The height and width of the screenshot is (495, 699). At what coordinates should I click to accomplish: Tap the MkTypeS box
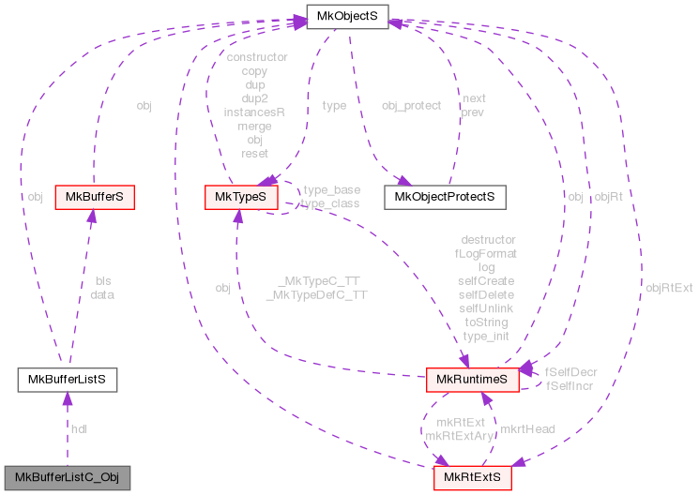[242, 197]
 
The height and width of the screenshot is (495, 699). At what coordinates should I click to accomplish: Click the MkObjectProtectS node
[445, 197]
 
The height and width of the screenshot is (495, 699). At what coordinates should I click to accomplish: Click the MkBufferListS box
[67, 379]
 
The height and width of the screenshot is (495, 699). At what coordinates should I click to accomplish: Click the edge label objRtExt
[669, 288]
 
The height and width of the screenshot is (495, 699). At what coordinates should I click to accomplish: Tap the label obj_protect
[411, 106]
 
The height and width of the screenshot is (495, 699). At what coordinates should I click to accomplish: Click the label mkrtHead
[526, 428]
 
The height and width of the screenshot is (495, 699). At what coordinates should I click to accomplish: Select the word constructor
[255, 57]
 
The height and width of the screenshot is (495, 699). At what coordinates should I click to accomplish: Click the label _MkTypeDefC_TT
[316, 294]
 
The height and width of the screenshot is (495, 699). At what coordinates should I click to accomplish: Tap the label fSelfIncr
[571, 385]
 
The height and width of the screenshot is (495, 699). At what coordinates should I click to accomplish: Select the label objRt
[608, 197]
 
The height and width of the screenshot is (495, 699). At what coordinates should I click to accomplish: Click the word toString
[486, 322]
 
